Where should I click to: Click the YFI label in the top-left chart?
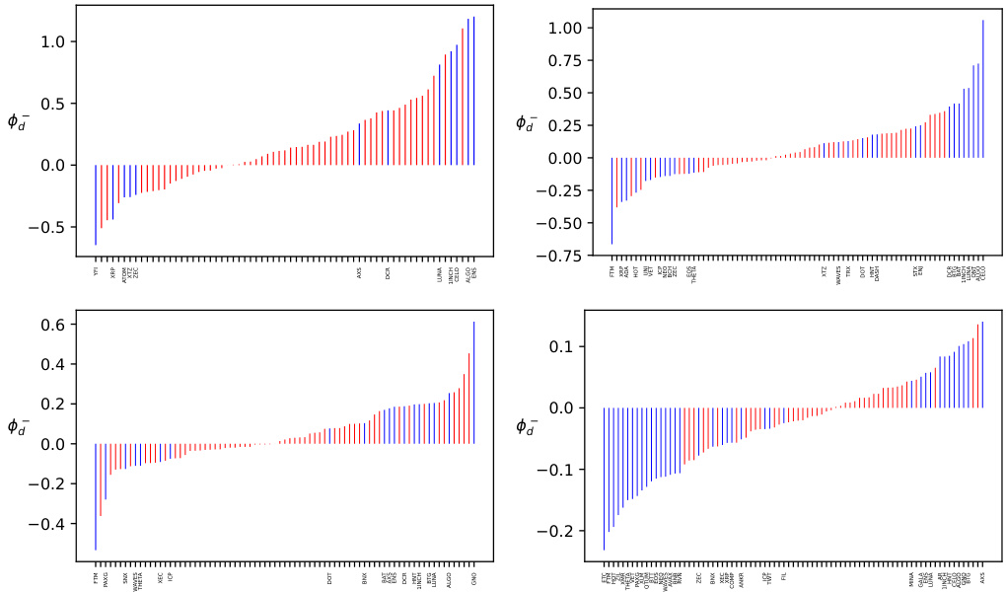pos(96,271)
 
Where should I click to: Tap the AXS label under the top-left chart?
pos(360,271)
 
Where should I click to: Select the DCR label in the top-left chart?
pos(389,271)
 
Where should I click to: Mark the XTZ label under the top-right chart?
pos(825,271)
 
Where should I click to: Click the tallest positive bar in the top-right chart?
pos(983,89)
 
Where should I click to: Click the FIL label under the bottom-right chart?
pos(784,576)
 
